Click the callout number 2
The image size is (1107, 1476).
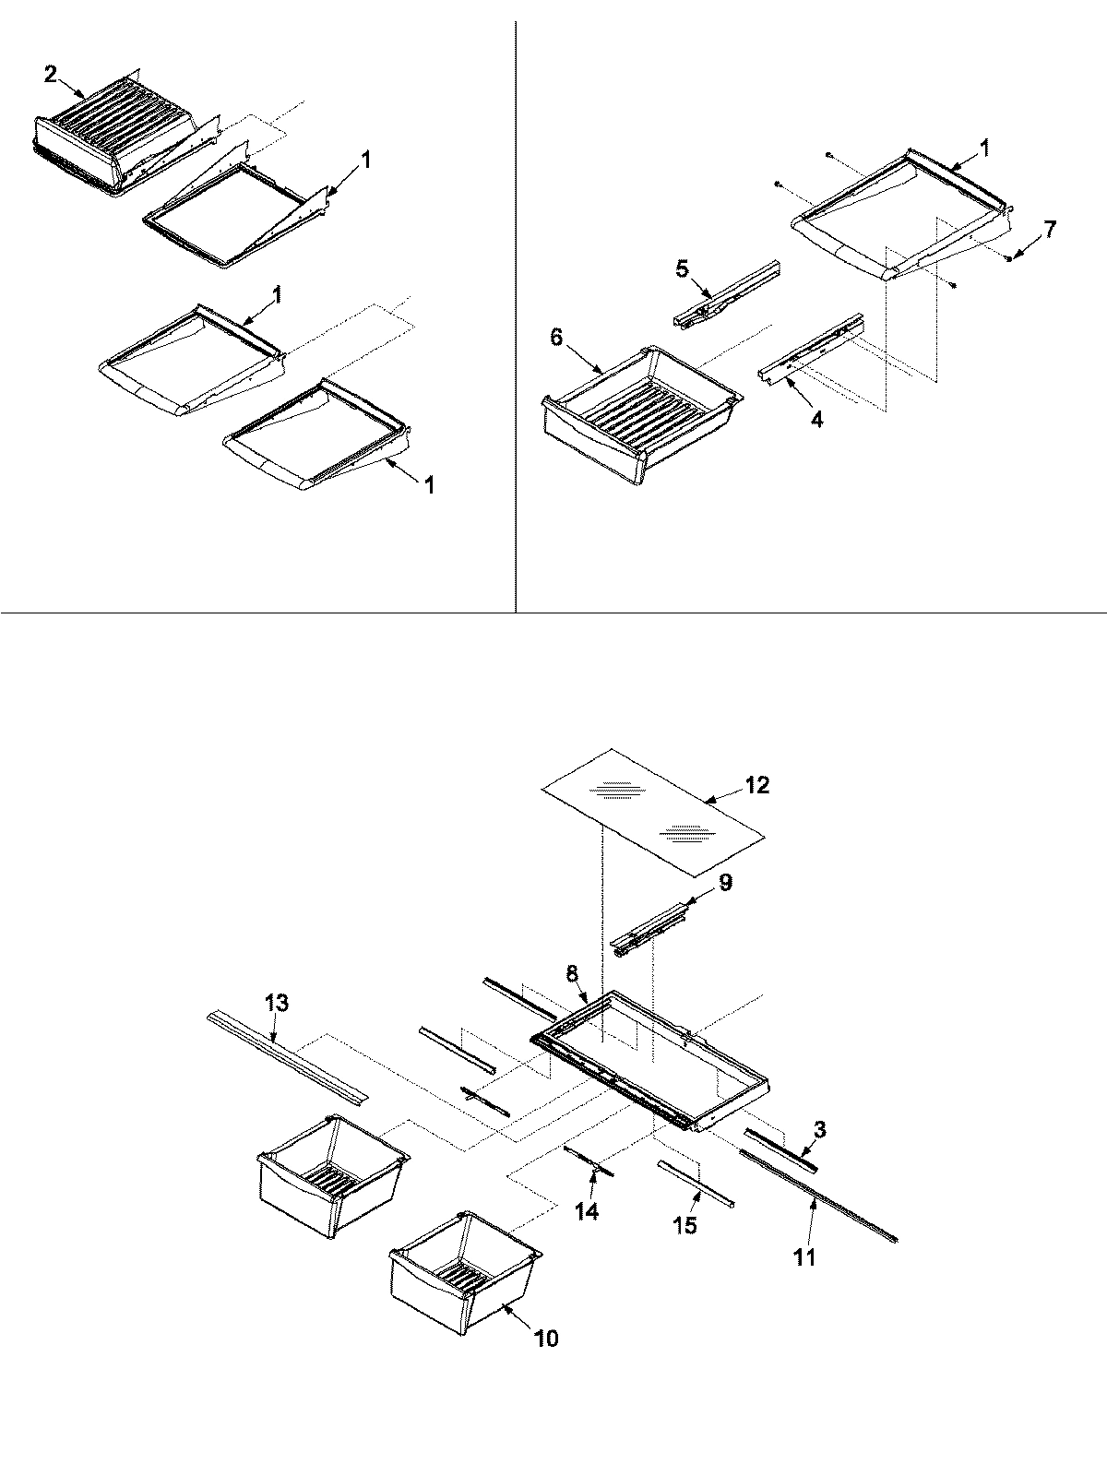pos(50,75)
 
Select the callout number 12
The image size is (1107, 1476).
pos(757,785)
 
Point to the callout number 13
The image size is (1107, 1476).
pos(277,1003)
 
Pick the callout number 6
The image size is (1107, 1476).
pos(555,338)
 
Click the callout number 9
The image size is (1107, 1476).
pos(725,883)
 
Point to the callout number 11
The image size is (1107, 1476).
pos(804,1256)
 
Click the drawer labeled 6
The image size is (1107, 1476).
pos(637,406)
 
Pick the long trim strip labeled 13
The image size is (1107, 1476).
pos(286,1056)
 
